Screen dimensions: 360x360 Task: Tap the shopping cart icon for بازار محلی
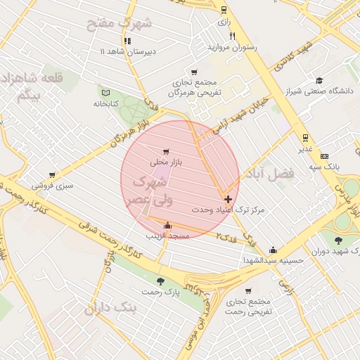point(166,151)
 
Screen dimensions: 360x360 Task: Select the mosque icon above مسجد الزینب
point(167,226)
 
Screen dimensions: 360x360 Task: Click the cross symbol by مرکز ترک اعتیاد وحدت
point(228,199)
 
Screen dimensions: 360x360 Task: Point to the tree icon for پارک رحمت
point(161,281)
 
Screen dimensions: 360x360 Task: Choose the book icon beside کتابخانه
point(106,92)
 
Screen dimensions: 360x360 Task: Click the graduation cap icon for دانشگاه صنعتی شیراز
point(319,81)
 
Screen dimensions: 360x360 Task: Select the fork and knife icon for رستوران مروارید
point(232,36)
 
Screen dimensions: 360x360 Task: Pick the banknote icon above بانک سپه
point(324,156)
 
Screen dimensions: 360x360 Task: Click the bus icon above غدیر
point(304,138)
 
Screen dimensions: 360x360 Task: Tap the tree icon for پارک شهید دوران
point(339,240)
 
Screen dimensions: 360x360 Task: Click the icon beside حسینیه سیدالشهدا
point(273,250)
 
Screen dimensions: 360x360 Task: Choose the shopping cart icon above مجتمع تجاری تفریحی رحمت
point(248,291)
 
